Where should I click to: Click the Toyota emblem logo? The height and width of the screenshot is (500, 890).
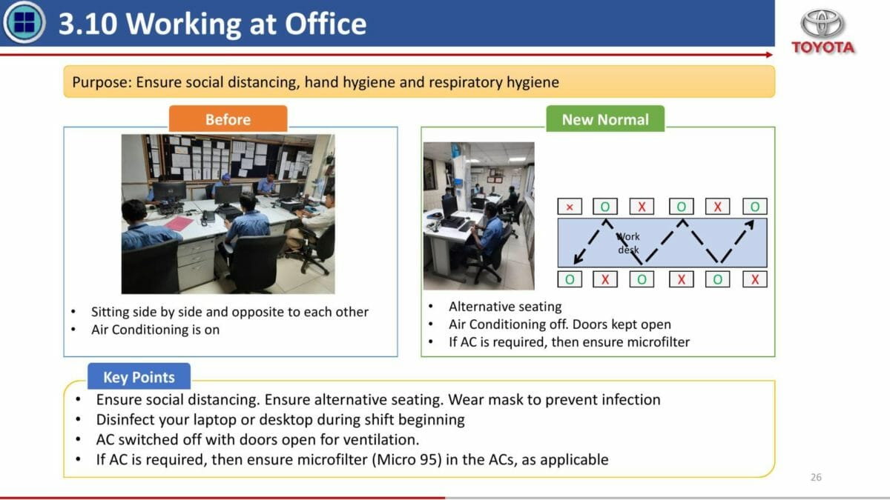[823, 23]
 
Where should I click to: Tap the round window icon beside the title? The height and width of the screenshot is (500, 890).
[24, 22]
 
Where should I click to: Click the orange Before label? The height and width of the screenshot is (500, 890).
[228, 119]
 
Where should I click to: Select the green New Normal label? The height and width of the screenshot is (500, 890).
[605, 119]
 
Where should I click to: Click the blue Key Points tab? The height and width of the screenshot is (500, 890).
[139, 376]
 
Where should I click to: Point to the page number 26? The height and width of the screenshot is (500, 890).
[816, 477]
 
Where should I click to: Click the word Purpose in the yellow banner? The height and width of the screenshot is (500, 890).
[99, 82]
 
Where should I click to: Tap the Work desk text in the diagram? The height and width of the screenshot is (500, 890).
[629, 243]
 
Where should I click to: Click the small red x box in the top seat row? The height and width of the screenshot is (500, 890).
[570, 207]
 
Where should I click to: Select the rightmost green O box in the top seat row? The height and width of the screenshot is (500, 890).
[755, 207]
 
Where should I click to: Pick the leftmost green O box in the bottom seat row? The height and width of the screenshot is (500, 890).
[570, 279]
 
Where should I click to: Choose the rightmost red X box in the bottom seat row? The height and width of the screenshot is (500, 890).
[755, 279]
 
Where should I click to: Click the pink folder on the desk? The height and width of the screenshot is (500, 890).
[179, 224]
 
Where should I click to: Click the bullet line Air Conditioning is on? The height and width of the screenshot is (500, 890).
[155, 330]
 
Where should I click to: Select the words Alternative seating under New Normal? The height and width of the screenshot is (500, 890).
[505, 307]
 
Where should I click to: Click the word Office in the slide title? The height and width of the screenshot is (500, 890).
[326, 24]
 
